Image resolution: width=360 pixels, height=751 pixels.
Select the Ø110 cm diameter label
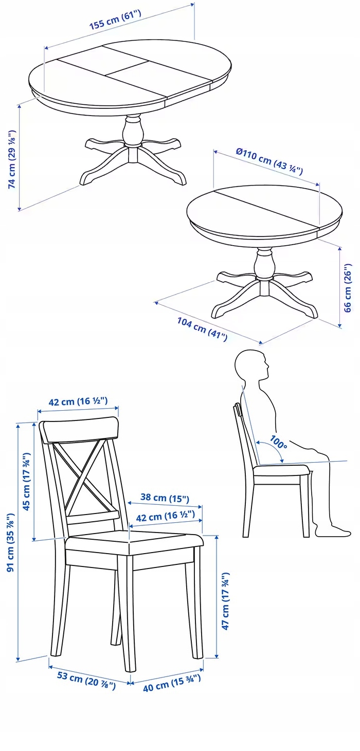[x=269, y=162]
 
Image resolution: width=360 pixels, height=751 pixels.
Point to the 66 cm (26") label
[x=348, y=288]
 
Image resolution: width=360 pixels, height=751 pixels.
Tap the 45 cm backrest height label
[x=27, y=481]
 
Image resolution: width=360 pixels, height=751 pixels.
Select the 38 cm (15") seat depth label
[x=165, y=499]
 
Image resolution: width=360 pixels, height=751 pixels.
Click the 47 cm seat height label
[x=225, y=601]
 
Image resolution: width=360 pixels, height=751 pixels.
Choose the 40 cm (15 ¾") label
[x=171, y=682]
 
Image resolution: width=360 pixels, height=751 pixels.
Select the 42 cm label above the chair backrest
[x=78, y=401]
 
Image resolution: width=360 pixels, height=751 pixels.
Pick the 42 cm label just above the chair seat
[x=165, y=516]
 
